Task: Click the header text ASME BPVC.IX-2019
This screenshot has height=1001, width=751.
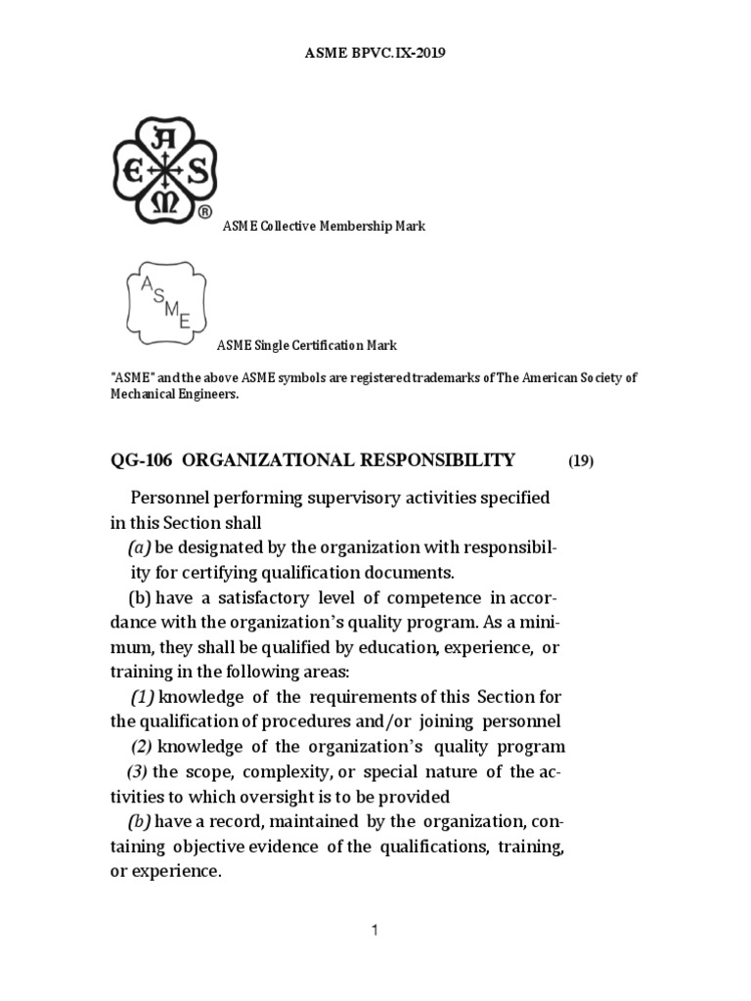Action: [375, 54]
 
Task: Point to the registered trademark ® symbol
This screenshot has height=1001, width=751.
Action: [204, 211]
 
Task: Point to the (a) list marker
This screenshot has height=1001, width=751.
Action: [138, 546]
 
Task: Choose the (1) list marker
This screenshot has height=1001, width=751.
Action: [143, 698]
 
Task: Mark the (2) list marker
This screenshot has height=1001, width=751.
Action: [143, 748]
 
